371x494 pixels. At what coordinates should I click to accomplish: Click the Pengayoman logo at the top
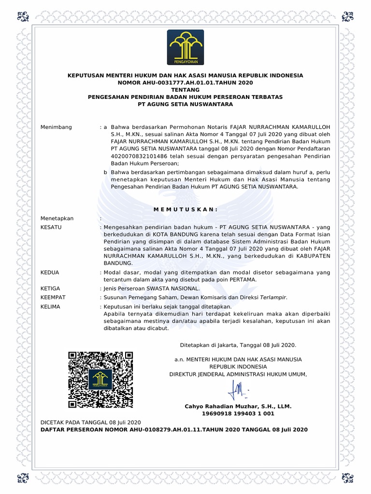point(185,47)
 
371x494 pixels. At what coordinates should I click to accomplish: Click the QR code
point(101,380)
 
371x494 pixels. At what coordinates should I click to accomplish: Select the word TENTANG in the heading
point(185,90)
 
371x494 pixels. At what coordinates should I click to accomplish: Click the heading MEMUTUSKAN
point(185,209)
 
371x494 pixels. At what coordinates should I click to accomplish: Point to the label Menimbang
point(56,127)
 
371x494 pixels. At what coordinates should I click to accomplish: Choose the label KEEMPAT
point(53,297)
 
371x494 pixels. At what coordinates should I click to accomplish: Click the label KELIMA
point(51,307)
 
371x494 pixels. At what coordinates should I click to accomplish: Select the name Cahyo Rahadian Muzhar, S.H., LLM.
point(238,406)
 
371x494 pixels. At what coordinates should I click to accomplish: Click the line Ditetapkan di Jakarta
point(237,345)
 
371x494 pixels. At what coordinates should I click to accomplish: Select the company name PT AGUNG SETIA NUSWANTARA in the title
point(185,104)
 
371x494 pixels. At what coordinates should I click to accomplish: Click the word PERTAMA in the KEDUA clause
point(242,280)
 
